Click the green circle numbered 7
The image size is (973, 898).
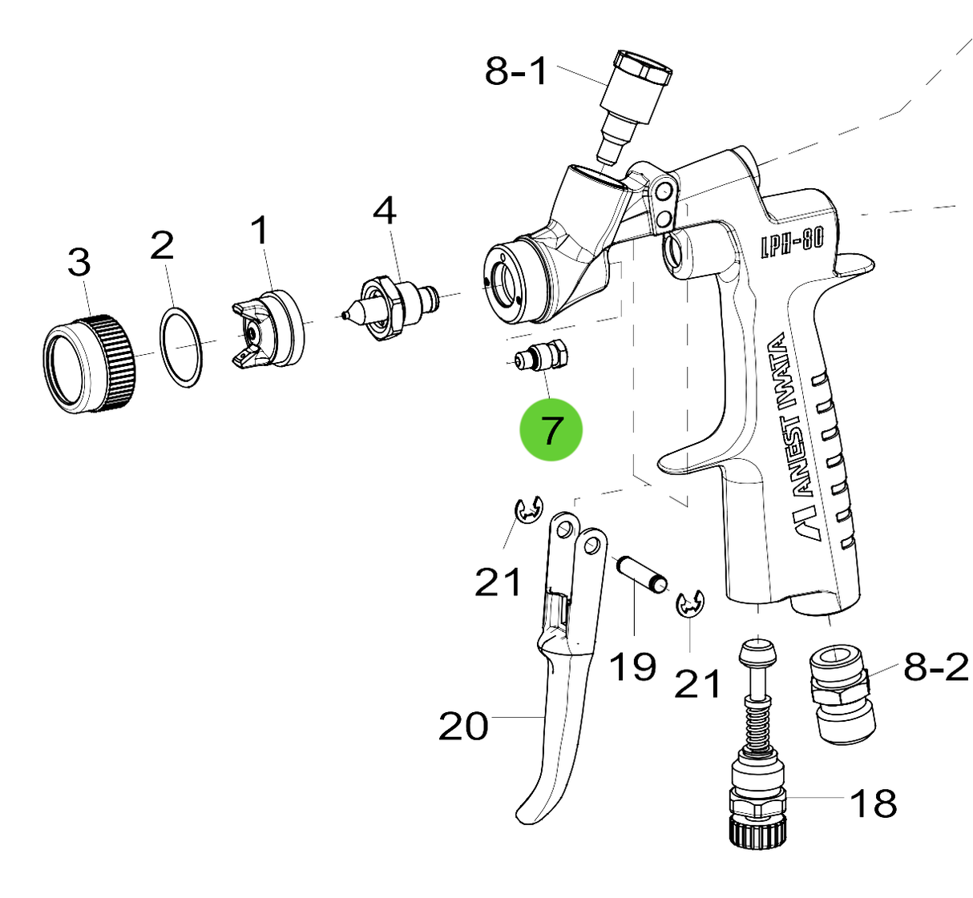[551, 430]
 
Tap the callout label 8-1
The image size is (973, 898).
[517, 71]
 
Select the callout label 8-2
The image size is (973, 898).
[936, 666]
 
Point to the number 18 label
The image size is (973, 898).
[873, 803]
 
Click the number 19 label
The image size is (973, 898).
[632, 666]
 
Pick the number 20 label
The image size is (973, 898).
[463, 727]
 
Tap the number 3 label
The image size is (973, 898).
[79, 262]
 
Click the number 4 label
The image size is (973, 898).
[385, 211]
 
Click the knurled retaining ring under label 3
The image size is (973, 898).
[89, 364]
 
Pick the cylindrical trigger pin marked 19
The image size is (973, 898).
[641, 574]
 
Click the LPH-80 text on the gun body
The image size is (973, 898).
[792, 239]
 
